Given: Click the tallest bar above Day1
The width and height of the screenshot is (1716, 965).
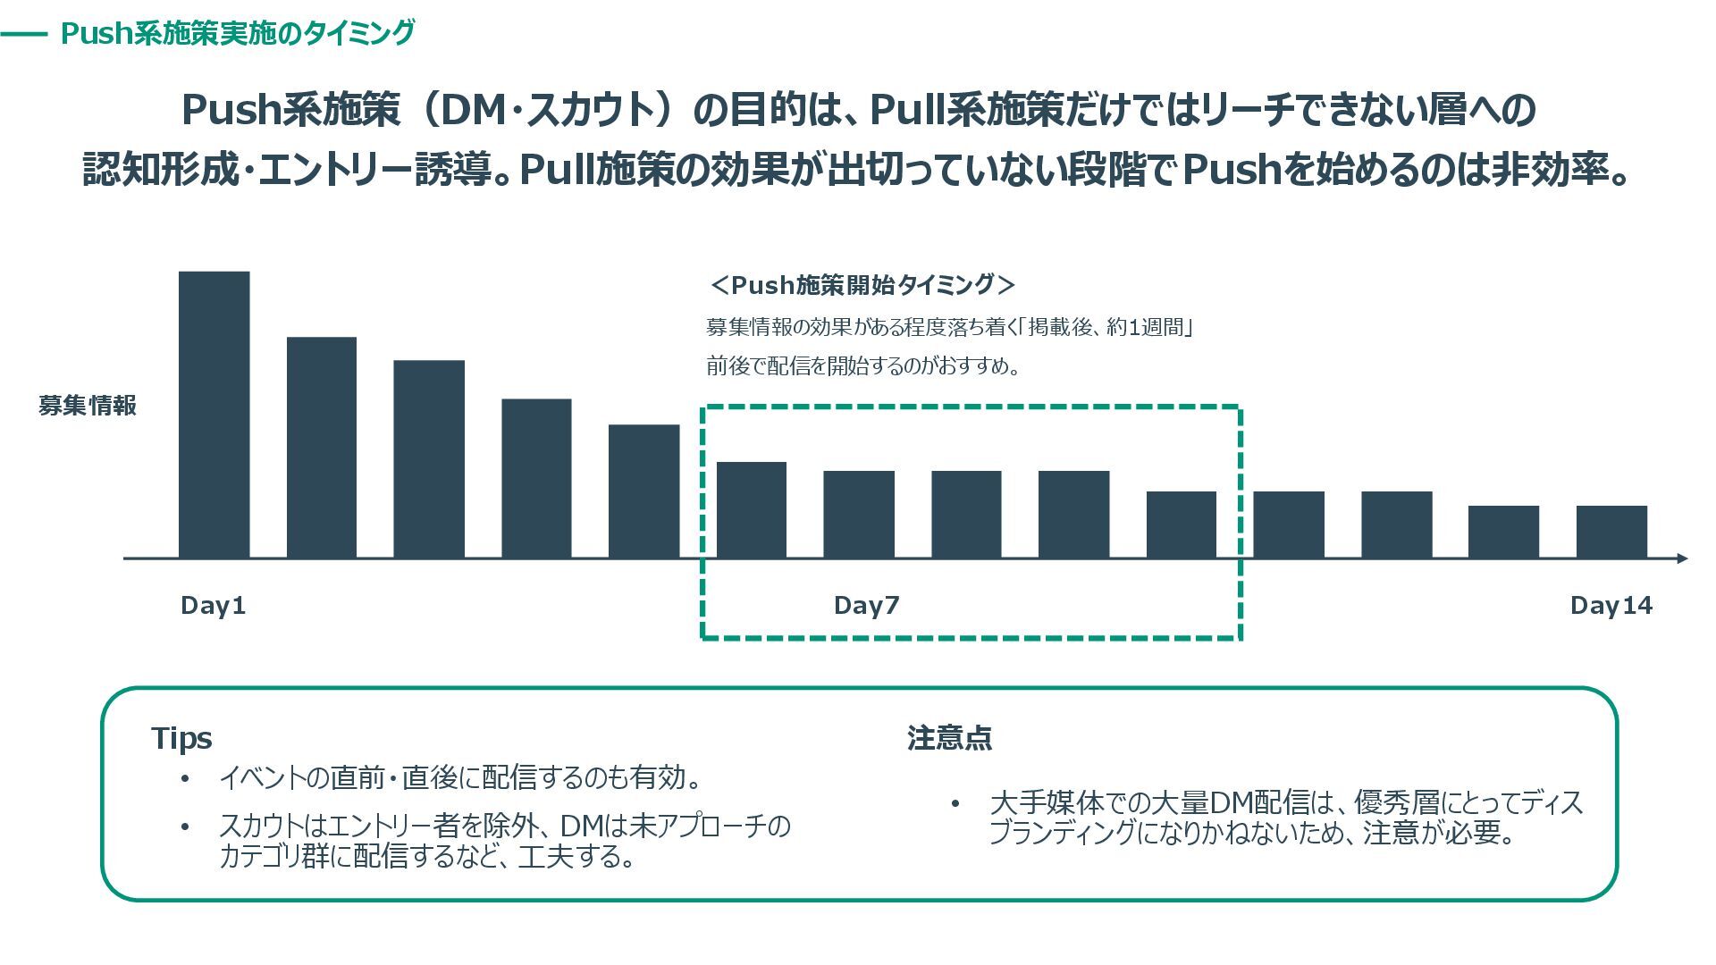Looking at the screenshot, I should (214, 415).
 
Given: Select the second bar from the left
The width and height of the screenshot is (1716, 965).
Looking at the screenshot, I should (322, 447).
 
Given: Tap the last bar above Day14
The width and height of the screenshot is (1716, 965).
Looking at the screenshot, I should (1611, 532).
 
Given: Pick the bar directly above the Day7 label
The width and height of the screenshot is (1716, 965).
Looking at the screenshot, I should (859, 514).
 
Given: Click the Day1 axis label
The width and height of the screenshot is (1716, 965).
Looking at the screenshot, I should (213, 606).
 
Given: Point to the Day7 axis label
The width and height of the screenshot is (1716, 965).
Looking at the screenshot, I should (866, 606).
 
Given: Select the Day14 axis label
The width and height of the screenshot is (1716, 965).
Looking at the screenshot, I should (1611, 606).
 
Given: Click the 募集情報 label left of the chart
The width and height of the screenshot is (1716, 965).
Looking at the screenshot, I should (88, 406).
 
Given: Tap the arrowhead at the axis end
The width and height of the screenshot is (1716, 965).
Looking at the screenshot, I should (1682, 558).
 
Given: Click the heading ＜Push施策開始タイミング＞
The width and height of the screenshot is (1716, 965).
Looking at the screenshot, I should (862, 285).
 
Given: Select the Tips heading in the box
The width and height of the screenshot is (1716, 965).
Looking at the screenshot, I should (181, 738).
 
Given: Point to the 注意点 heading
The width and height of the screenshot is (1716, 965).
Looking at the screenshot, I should (949, 738).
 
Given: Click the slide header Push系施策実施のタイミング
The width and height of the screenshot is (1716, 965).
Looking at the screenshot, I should (238, 33).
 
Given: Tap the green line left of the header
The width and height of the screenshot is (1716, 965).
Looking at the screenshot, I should (24, 35).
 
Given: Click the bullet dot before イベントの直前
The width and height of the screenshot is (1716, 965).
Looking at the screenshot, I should (185, 779).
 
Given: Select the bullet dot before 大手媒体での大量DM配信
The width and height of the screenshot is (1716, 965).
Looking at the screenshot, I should (955, 803).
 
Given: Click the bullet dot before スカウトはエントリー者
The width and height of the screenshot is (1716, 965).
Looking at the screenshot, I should (185, 827).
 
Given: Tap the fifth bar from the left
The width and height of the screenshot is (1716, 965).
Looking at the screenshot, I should (643, 491).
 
